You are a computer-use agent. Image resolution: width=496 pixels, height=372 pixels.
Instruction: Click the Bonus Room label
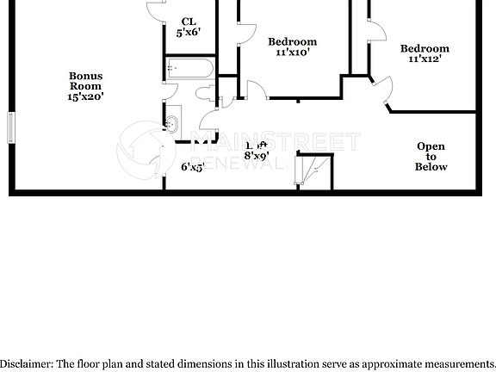point(86,81)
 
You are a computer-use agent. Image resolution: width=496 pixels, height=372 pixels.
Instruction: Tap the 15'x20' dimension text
point(86,97)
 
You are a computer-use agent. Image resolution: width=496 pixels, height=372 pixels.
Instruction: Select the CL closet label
point(189,21)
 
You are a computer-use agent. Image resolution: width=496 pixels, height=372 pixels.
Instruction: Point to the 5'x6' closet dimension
point(189,32)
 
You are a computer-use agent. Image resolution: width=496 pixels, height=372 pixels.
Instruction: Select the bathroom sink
point(172,123)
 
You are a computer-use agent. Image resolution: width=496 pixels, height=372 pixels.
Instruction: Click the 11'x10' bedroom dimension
point(292,53)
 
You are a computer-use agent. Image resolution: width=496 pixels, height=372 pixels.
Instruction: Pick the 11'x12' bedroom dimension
point(425,60)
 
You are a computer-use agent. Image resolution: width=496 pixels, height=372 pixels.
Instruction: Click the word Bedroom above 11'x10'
point(292,41)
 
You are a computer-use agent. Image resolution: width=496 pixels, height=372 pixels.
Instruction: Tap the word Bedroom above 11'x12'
point(425,49)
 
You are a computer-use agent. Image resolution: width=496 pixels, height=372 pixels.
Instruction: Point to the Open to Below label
point(431,156)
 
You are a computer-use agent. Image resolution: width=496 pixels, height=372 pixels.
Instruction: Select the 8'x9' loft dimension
point(257,156)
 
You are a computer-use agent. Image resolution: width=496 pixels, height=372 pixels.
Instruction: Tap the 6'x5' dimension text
point(191,167)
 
